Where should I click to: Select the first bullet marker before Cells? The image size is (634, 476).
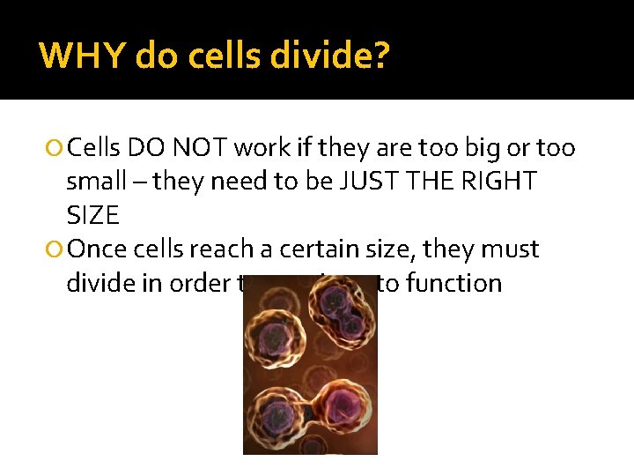[x=55, y=148]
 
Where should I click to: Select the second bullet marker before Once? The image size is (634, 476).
[x=55, y=250]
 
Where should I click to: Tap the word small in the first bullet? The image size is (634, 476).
[x=96, y=182]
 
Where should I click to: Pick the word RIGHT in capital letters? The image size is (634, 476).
[x=503, y=182]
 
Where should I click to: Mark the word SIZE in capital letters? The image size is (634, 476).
[x=92, y=215]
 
